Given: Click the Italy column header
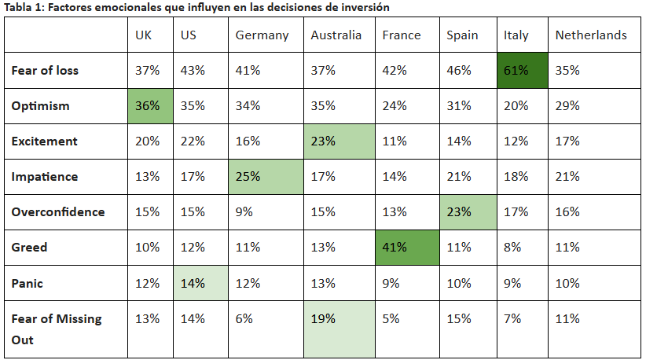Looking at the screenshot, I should pos(516,35).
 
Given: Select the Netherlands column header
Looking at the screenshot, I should pos(591,35).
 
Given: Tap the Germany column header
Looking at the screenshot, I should pos(262,35).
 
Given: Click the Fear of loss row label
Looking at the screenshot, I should pos(45,71).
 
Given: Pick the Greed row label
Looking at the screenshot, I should pos(29,248).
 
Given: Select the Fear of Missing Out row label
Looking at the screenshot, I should pos(57,329).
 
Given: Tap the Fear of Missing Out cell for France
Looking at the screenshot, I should pos(390,319).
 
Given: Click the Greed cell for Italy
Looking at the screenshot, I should pos(512,248).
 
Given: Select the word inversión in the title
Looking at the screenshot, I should pos(367,7).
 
